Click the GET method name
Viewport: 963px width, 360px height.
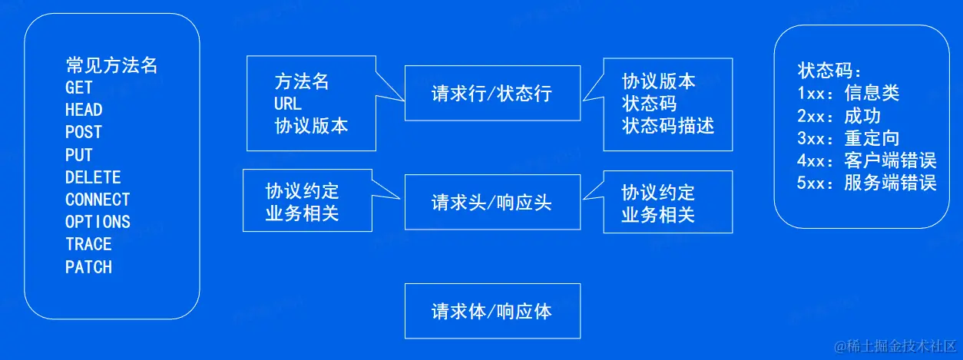[79, 88]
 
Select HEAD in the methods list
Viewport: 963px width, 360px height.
[84, 110]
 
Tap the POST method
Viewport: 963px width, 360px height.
[84, 132]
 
